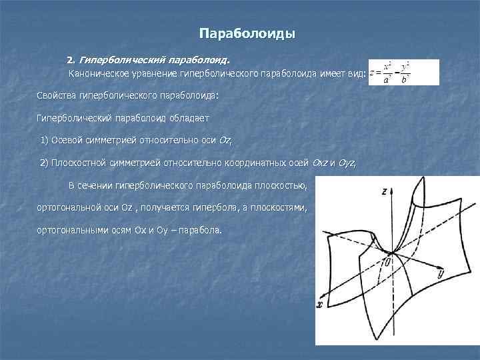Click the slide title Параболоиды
pos(247,33)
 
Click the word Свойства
pos(57,95)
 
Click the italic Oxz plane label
pos(320,163)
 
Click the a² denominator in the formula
pos(387,79)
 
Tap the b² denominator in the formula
pos(405,79)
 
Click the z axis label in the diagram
pos(386,191)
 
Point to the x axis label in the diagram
pos(321,305)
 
